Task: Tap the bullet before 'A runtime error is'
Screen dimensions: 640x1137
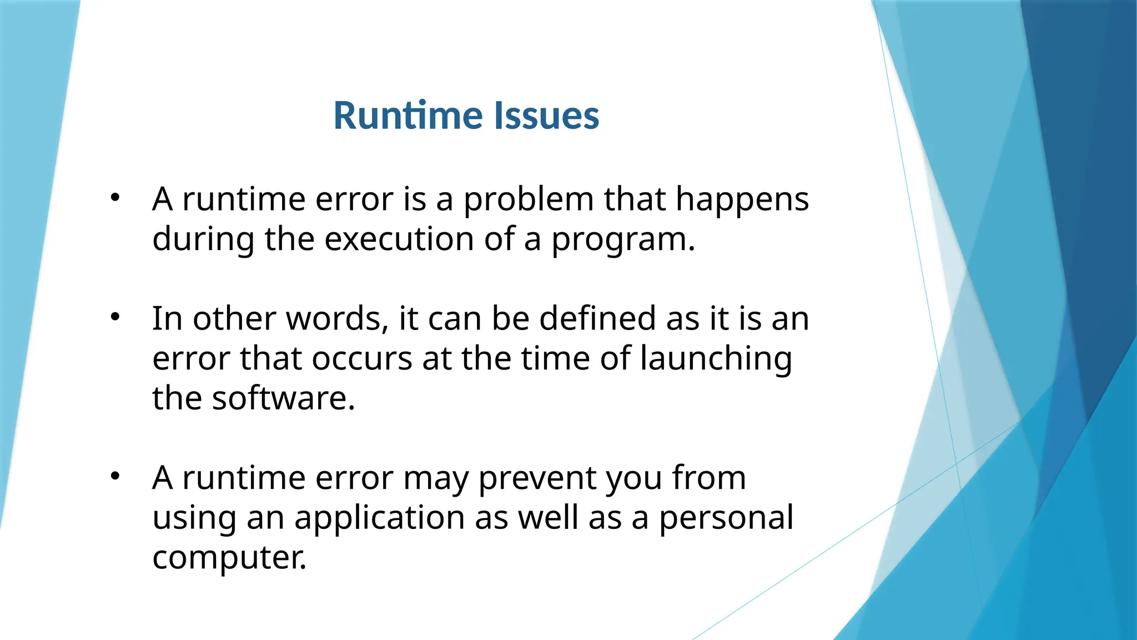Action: click(115, 197)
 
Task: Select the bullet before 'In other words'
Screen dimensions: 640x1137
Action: click(115, 317)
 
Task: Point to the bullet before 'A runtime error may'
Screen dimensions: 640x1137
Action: click(115, 476)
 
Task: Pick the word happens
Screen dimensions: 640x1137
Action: click(742, 200)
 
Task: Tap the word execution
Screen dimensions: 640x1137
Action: click(399, 239)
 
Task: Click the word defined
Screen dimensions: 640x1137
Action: click(597, 319)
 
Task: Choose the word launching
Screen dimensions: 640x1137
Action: click(716, 359)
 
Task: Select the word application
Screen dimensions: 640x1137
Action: click(379, 518)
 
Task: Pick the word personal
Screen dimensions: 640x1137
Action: click(726, 518)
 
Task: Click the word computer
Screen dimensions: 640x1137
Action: click(229, 558)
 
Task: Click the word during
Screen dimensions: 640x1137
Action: click(203, 239)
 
